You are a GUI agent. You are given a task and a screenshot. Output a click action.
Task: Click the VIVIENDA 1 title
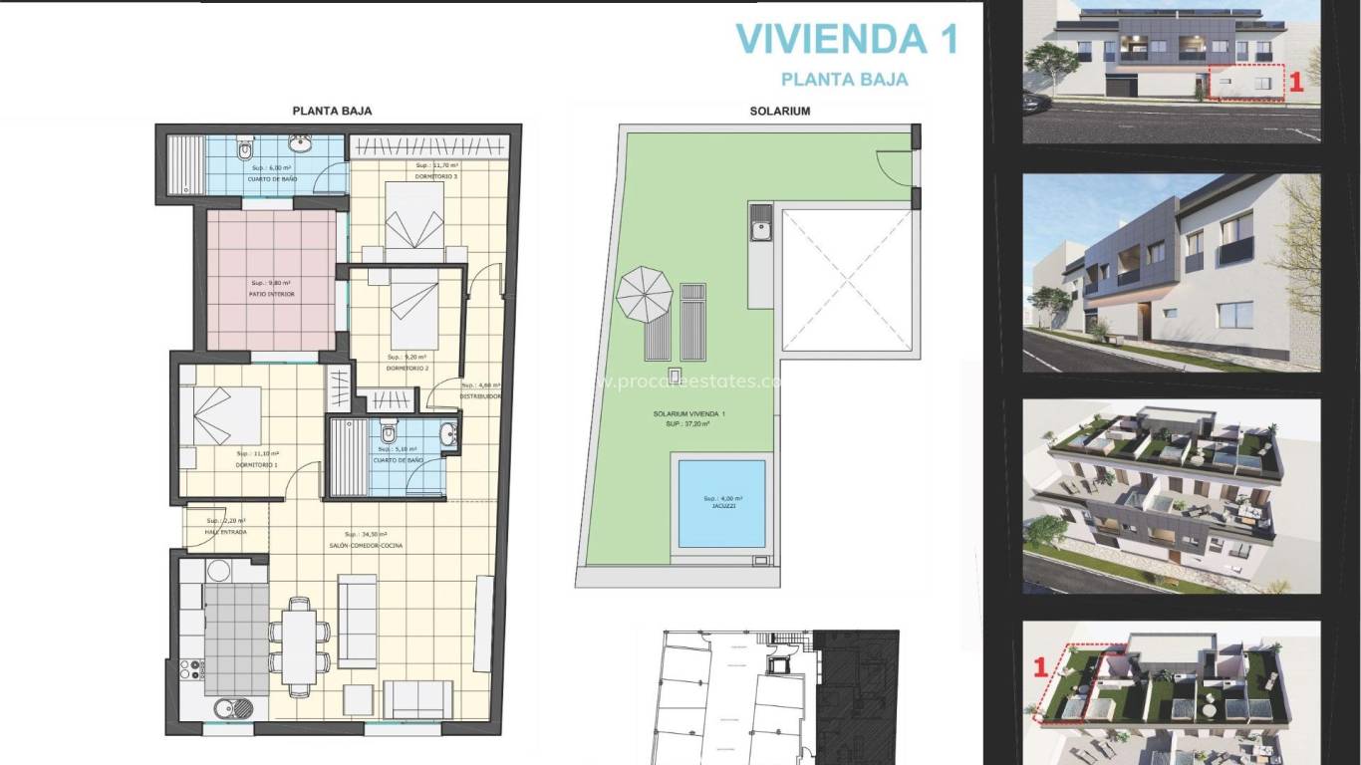pyautogui.click(x=846, y=39)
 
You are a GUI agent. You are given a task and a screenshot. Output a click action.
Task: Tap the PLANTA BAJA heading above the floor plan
pyautogui.click(x=332, y=112)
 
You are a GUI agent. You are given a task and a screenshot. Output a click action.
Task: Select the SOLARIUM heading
pyautogui.click(x=779, y=112)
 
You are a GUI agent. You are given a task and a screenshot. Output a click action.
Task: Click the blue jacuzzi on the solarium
pyautogui.click(x=721, y=503)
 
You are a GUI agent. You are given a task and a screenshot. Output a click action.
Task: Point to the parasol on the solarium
pyautogui.click(x=645, y=293)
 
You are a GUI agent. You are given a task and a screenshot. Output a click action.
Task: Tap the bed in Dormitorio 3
pyautogui.click(x=414, y=215)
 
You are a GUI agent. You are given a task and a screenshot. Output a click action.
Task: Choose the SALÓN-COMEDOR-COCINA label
pyautogui.click(x=374, y=546)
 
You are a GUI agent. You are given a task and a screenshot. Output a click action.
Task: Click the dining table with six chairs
pyautogui.click(x=299, y=639)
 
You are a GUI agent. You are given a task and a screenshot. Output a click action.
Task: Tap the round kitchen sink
pyautogui.click(x=223, y=708)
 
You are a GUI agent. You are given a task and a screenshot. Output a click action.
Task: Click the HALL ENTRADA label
pyautogui.click(x=226, y=533)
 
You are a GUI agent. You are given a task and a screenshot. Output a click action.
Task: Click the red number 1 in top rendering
pyautogui.click(x=1295, y=84)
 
